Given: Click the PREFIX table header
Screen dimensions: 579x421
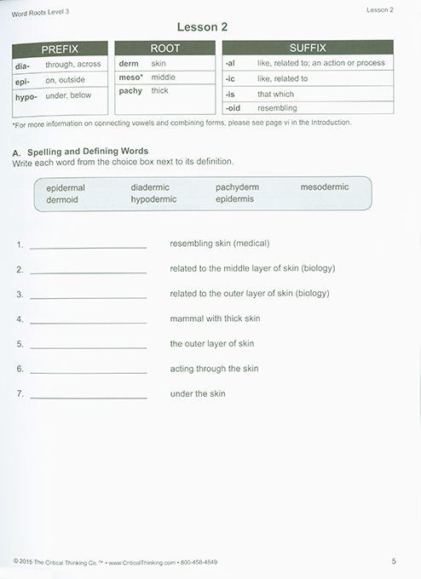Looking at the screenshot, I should click(x=61, y=49).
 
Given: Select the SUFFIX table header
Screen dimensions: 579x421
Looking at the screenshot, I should click(x=308, y=48).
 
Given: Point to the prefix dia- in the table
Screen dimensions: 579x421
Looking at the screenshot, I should click(x=23, y=64).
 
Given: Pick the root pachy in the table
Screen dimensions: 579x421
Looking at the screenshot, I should click(x=130, y=90).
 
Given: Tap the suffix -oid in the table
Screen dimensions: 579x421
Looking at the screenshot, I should click(x=235, y=108).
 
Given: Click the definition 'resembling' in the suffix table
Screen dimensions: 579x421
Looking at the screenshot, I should click(x=277, y=108).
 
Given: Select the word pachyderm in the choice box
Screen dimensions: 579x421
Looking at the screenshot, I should click(x=237, y=187).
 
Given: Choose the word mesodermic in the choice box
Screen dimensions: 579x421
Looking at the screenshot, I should click(x=328, y=187).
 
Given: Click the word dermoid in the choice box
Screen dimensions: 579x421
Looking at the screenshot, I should click(x=61, y=199).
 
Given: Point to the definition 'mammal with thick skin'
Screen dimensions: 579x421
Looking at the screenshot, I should click(x=215, y=318).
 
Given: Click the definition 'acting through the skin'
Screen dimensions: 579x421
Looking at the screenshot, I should click(x=214, y=369).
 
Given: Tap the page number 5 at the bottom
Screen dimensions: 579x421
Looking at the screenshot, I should click(x=394, y=561).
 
